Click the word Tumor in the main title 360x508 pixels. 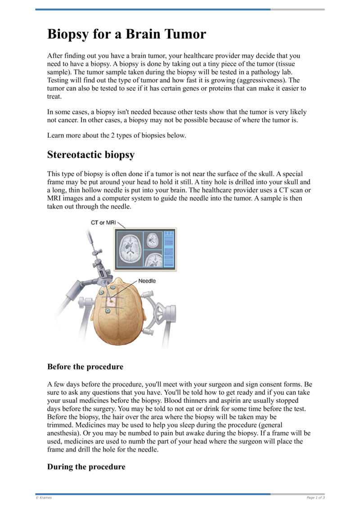[182, 34]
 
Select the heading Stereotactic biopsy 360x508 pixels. [91, 155]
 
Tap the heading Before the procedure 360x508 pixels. [85, 367]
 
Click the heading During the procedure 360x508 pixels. [86, 467]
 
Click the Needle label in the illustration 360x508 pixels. [147, 281]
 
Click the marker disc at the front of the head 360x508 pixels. [108, 311]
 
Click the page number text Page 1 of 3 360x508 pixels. [315, 498]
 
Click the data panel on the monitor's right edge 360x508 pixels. [169, 250]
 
